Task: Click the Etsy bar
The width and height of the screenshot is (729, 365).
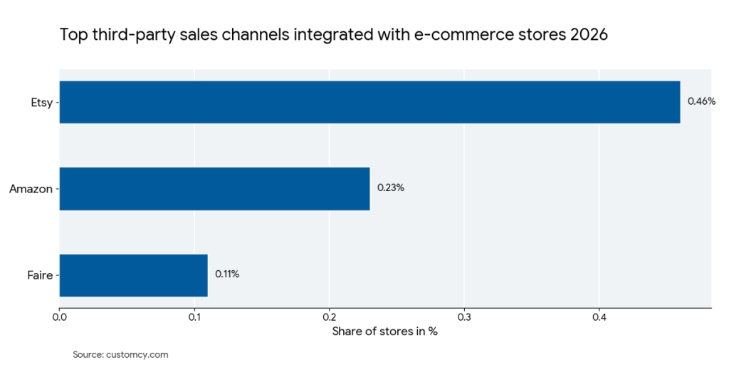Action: [369, 102]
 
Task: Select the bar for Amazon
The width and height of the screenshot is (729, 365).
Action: [214, 189]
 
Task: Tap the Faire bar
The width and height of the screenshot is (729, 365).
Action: [133, 275]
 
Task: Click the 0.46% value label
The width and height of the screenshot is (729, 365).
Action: [701, 101]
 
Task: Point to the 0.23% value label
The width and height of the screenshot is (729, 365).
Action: [391, 188]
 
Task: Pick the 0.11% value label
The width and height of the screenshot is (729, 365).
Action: [227, 274]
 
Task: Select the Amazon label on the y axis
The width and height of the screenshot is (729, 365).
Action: [31, 189]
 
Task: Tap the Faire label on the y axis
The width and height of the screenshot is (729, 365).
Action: [40, 275]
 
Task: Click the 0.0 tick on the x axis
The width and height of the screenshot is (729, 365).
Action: [60, 318]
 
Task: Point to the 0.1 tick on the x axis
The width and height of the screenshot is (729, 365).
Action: [194, 318]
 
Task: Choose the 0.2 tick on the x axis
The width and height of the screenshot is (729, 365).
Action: [329, 318]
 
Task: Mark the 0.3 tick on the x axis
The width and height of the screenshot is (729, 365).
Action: [464, 318]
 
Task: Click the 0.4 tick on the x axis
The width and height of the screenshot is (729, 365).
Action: [599, 318]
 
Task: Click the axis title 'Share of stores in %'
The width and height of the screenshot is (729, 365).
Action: [385, 332]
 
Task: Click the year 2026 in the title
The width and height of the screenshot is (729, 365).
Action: [588, 35]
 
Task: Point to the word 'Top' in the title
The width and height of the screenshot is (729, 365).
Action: [72, 35]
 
